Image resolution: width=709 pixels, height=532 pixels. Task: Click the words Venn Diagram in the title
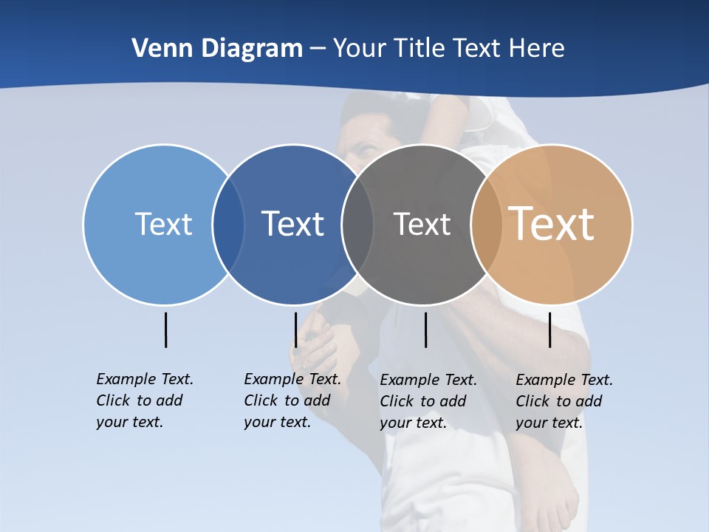217,49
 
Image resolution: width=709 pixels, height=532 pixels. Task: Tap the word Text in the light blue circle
163,224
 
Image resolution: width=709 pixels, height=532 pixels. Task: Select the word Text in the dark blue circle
292,224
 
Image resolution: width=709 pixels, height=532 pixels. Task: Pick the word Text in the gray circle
422,224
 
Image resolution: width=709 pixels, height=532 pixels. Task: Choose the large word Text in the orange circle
552,224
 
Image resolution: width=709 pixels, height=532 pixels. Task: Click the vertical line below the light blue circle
165,330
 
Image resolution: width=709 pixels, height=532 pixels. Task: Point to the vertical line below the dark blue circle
295,330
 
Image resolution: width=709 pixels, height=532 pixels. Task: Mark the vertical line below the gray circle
425,330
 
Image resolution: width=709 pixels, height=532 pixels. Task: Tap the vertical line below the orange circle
549,330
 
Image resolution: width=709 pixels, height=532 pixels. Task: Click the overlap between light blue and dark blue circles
228,225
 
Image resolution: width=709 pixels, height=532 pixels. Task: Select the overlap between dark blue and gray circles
357,225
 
